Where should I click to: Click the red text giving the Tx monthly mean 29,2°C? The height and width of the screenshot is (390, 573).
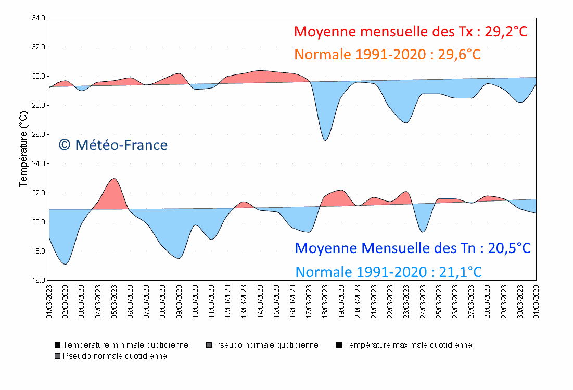click(x=411, y=32)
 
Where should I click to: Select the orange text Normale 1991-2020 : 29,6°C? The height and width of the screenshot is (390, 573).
click(x=387, y=54)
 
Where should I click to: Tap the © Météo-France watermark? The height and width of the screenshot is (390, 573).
click(x=113, y=145)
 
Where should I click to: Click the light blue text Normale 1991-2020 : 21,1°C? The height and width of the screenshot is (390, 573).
click(x=388, y=271)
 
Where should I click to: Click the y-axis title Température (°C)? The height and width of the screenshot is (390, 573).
click(x=23, y=149)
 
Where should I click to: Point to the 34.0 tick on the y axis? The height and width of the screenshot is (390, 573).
click(x=39, y=18)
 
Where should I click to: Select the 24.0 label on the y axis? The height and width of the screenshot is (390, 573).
click(x=39, y=163)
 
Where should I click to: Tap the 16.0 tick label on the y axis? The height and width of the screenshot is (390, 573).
click(x=39, y=280)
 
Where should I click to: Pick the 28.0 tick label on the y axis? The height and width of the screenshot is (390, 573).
click(x=39, y=105)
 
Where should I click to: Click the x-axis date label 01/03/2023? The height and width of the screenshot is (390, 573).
click(x=49, y=300)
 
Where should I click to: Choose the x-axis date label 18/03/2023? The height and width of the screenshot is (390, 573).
click(x=325, y=300)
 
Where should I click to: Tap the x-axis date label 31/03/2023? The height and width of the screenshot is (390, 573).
click(x=536, y=300)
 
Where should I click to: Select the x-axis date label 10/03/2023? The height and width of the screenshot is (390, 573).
click(x=195, y=300)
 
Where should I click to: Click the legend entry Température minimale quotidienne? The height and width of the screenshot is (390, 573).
click(x=121, y=345)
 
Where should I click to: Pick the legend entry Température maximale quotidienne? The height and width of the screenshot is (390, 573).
click(x=404, y=345)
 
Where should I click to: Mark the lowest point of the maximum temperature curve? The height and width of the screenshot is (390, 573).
click(x=325, y=140)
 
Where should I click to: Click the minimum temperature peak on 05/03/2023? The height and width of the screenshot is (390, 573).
click(x=114, y=179)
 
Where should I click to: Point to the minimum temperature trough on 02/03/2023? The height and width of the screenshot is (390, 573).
click(x=65, y=264)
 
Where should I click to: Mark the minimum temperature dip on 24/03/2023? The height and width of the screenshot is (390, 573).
click(x=423, y=232)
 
